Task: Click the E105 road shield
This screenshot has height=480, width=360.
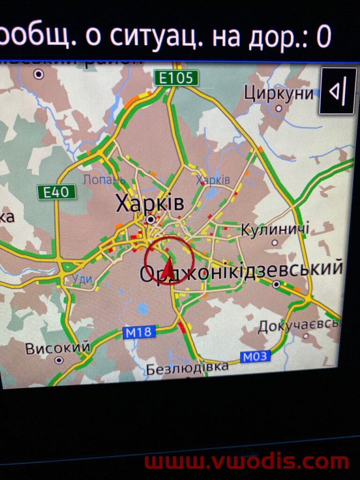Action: click(176, 78)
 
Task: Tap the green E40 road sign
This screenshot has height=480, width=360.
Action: click(56, 191)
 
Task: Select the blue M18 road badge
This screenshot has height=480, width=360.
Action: click(139, 332)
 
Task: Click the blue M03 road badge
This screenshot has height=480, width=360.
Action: click(255, 357)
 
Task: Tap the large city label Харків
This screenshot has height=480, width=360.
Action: click(150, 204)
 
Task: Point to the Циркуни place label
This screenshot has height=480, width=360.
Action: click(278, 93)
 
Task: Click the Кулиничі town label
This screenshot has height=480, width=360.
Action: click(275, 230)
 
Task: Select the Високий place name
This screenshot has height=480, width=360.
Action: click(58, 348)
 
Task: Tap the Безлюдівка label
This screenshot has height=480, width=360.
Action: click(187, 368)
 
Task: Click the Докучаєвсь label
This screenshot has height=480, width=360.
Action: click(298, 325)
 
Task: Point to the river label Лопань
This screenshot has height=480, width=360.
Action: click(104, 180)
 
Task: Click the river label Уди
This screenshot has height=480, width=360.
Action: click(82, 280)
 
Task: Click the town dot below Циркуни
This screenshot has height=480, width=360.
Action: click(279, 108)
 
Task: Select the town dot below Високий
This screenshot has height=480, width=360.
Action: click(59, 360)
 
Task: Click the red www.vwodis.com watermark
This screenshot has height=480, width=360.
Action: click(247, 462)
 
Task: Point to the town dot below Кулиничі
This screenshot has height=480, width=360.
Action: click(275, 243)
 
